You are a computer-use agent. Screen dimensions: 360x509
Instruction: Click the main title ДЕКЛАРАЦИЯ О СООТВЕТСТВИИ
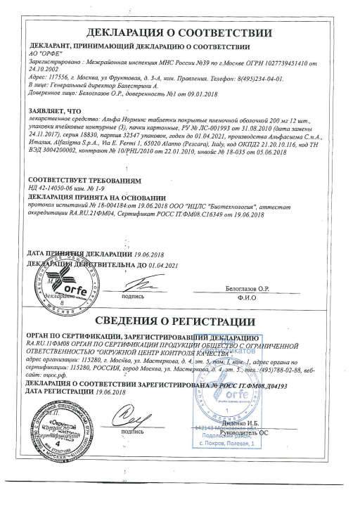179,32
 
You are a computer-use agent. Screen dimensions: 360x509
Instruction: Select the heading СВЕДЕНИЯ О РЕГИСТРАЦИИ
179,325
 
